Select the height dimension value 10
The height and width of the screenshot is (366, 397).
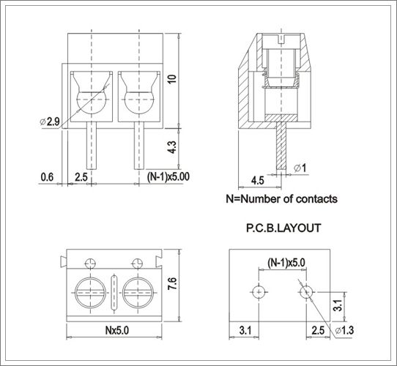pos(171,79)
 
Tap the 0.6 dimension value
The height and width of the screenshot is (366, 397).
pos(47,176)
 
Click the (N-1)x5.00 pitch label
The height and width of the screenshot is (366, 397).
pos(168,176)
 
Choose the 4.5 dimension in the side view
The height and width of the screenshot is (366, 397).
pos(257,179)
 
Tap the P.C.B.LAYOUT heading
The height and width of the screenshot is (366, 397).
pos(283,228)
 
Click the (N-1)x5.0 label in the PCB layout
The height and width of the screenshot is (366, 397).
pos(285,261)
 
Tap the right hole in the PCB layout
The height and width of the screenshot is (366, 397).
pos(305,291)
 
